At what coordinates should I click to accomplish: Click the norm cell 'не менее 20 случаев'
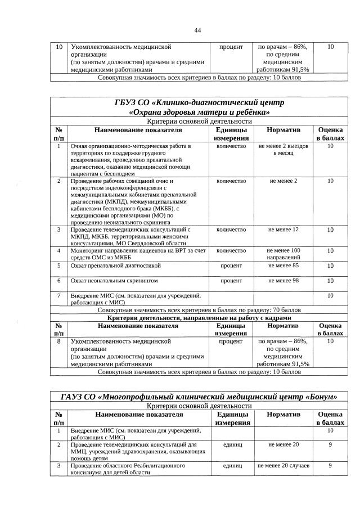[x=283, y=466]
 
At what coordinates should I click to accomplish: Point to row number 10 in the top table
[x=58, y=47]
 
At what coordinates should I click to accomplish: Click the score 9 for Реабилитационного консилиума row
[x=330, y=466]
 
